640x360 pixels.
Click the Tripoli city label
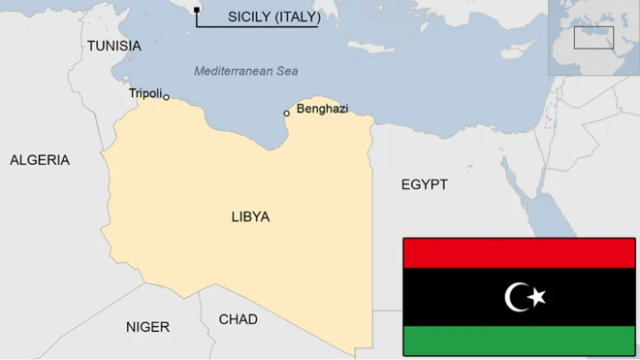(x=145, y=93)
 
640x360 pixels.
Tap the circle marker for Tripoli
(x=167, y=97)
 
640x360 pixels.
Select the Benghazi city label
(x=322, y=109)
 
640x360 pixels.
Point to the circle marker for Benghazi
(x=286, y=114)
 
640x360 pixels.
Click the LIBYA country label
(x=250, y=216)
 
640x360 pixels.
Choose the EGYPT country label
(x=424, y=184)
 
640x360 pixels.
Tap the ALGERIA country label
(x=40, y=160)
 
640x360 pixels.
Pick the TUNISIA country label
(x=113, y=46)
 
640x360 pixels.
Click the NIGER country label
(x=147, y=327)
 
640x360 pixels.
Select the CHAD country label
(x=238, y=319)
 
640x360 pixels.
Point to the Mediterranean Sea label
(x=245, y=71)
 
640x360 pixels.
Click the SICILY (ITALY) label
(x=273, y=16)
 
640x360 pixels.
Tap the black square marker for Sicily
(x=197, y=11)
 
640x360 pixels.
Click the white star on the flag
(x=538, y=297)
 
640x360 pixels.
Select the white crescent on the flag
(x=517, y=297)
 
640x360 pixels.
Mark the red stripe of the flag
(x=519, y=253)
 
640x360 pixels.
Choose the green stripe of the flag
(x=519, y=341)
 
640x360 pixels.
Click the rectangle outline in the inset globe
(x=593, y=38)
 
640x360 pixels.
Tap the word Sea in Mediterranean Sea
(x=286, y=71)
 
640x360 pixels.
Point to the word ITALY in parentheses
(x=298, y=16)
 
